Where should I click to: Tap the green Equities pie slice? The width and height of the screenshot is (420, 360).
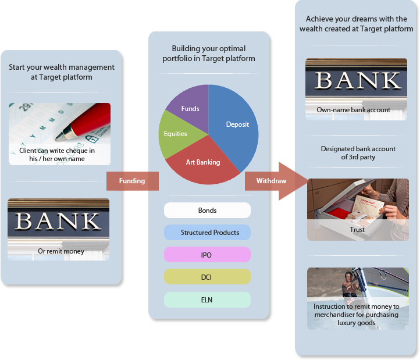(x=176, y=134)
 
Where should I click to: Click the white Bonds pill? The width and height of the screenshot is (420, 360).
(x=207, y=211)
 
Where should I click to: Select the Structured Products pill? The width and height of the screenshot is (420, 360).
(x=207, y=233)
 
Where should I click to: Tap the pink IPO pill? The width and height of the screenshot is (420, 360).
(x=207, y=255)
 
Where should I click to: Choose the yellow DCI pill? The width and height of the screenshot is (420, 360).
(x=207, y=277)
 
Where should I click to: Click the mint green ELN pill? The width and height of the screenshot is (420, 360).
(x=207, y=300)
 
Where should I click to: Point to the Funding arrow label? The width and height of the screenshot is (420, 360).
(x=132, y=181)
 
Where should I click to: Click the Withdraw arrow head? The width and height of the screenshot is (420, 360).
(x=294, y=181)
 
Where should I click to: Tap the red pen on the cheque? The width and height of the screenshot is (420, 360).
(x=84, y=122)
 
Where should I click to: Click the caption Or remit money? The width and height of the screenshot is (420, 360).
(x=61, y=251)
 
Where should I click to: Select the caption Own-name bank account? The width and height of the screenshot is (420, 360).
(x=353, y=110)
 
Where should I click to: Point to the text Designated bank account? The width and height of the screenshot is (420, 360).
(x=358, y=149)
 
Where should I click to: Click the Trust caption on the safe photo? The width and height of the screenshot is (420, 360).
(x=357, y=230)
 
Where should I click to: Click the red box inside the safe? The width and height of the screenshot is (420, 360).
(x=339, y=215)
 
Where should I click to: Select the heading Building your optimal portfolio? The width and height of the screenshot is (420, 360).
(x=209, y=54)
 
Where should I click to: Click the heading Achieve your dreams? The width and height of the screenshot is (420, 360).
(x=356, y=24)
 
